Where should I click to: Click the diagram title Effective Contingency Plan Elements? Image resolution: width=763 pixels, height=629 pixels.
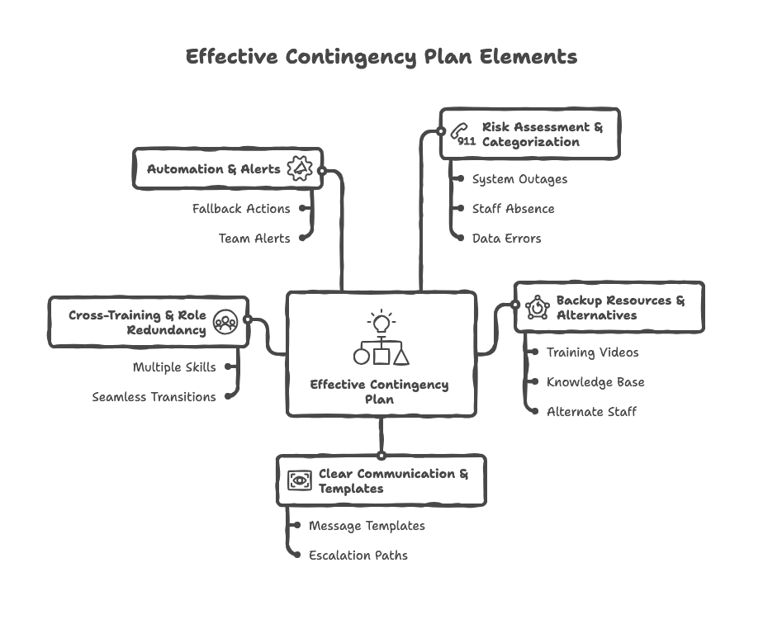tap(381, 57)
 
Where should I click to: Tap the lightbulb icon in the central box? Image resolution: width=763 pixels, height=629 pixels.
tap(381, 320)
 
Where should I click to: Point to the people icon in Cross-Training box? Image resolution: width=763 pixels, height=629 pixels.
tap(225, 322)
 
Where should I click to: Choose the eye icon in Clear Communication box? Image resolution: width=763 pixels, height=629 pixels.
tap(299, 480)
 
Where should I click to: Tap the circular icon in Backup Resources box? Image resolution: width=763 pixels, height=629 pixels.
tap(538, 307)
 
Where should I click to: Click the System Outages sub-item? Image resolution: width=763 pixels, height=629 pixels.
tap(519, 179)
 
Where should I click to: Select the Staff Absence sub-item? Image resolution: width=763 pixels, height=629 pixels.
tap(513, 209)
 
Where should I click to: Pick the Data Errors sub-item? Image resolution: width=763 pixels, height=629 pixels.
tap(506, 239)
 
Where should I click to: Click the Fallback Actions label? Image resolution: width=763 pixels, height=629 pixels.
tap(241, 209)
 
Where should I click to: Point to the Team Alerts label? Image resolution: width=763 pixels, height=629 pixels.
tap(254, 239)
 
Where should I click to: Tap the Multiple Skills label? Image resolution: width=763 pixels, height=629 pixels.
tap(174, 367)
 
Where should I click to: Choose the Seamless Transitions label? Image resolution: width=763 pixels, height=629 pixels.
tap(154, 397)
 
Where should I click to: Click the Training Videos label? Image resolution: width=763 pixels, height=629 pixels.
tap(592, 352)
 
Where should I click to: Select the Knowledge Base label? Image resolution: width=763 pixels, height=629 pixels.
tap(595, 382)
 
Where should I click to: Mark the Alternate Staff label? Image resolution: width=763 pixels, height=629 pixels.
tap(591, 411)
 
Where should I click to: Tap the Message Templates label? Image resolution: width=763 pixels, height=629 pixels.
tap(367, 526)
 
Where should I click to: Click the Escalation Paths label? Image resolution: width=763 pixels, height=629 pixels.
tap(358, 556)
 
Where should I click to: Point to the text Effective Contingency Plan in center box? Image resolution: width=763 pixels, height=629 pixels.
tap(380, 391)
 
